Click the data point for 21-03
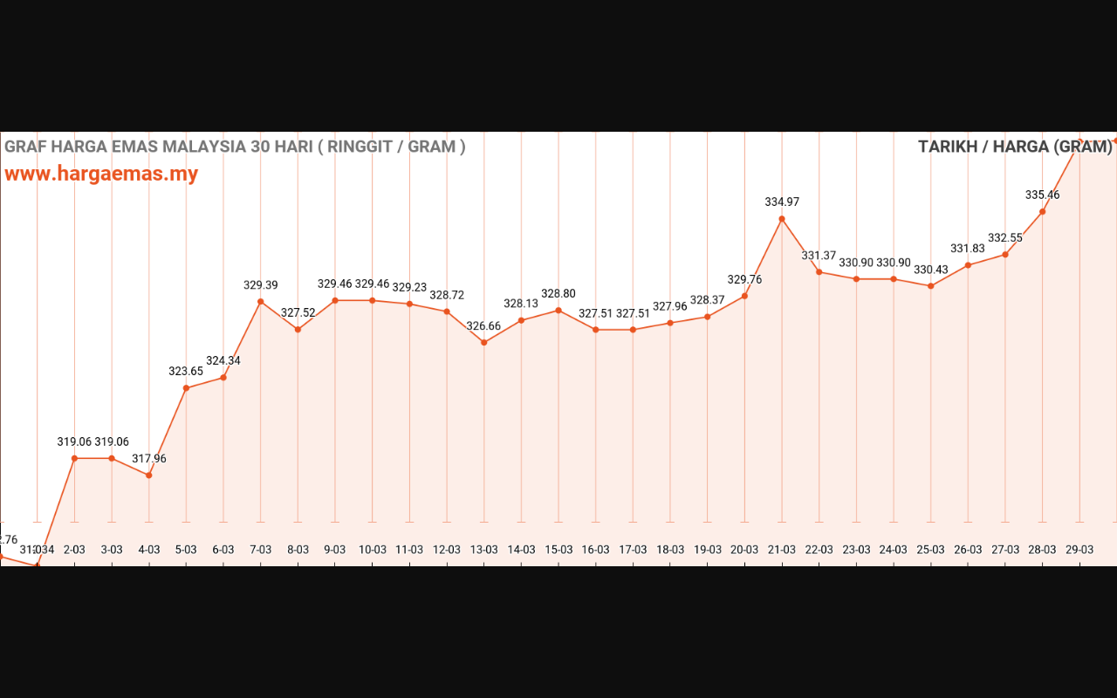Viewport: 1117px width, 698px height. (782, 219)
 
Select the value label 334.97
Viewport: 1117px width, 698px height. (782, 202)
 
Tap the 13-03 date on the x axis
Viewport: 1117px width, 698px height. (484, 550)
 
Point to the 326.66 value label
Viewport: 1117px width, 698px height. (483, 325)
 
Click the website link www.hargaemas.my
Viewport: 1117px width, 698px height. (101, 174)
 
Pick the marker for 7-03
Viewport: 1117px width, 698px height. (261, 302)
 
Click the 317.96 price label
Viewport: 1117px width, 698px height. (149, 458)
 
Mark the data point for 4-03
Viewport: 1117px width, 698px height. (149, 476)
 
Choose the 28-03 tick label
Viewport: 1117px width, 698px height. (1042, 550)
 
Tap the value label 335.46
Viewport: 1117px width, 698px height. (1042, 195)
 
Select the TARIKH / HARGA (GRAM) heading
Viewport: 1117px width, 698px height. (1015, 147)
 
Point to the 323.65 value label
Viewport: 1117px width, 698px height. (186, 371)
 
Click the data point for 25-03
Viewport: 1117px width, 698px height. (931, 286)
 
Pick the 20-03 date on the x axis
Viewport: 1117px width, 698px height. (744, 550)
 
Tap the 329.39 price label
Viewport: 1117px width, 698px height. (261, 284)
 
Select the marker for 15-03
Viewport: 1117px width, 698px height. (558, 311)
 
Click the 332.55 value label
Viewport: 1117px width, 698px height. (1005, 237)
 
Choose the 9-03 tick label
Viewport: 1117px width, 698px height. (335, 550)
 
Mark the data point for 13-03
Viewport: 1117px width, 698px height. (484, 342)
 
